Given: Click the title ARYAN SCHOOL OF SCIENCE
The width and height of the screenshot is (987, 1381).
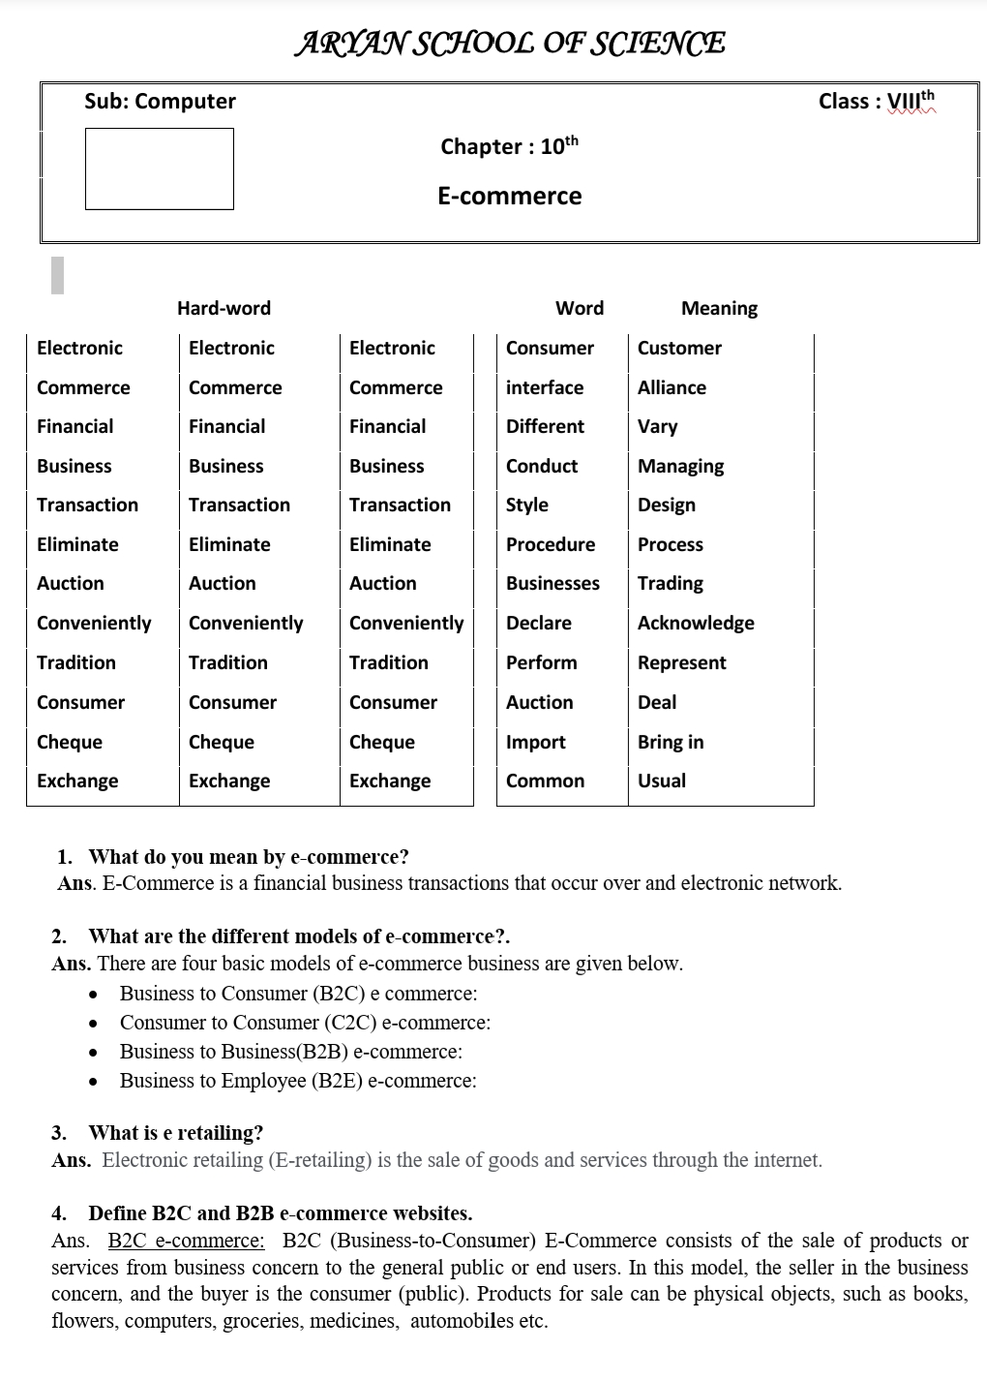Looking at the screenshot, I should point(510,44).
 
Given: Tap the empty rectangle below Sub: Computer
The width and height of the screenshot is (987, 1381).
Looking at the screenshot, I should point(160,169).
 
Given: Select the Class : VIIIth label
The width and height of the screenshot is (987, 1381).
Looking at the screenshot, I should point(877,101).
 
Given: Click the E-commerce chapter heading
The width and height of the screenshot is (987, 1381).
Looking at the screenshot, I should point(509,197).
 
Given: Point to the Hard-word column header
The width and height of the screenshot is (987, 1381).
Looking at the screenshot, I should point(224,308).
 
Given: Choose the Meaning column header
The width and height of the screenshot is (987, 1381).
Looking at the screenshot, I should point(719,308).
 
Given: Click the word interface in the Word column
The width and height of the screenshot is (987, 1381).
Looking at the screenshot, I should point(545,387).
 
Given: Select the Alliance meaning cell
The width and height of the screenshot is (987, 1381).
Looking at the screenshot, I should point(672,387).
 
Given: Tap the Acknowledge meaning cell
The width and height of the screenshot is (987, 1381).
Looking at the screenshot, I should point(696,623).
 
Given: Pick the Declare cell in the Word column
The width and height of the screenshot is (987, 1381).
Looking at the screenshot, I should point(539,623).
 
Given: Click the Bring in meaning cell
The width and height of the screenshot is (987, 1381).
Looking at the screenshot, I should point(671,742).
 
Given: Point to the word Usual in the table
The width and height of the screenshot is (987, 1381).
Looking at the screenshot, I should point(662,781).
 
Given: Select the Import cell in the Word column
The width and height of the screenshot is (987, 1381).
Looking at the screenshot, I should point(536,742).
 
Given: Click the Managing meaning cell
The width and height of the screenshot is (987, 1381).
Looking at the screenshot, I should point(680,466).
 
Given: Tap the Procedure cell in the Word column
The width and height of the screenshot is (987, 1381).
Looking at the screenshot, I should point(551,544).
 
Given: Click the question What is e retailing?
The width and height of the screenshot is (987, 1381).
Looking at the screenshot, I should point(175,1133).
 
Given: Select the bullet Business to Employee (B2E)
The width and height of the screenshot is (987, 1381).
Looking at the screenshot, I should point(298,1081).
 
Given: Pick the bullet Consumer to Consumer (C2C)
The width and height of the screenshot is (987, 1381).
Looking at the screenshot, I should point(305,1023).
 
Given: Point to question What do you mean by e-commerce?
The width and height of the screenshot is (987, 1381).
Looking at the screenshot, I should point(249,857).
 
